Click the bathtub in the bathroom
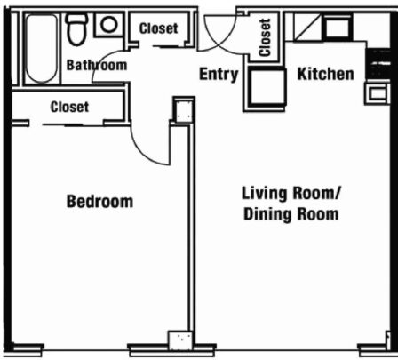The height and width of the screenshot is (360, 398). click(x=41, y=49)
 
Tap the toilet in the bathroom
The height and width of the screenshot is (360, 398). click(x=77, y=29)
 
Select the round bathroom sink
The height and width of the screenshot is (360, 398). click(x=108, y=25)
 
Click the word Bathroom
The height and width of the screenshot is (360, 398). click(x=97, y=65)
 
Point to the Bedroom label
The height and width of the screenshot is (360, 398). click(x=99, y=202)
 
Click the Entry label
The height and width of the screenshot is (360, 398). click(x=219, y=74)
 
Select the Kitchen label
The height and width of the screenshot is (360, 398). click(x=325, y=74)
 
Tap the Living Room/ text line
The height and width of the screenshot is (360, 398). click(x=291, y=193)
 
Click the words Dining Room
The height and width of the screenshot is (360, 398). click(x=291, y=214)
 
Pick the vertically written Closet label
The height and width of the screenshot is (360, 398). click(x=265, y=37)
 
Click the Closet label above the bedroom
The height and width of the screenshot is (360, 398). click(x=69, y=107)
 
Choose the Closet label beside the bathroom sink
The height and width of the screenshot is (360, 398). click(x=158, y=28)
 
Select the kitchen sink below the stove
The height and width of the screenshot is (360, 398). click(x=376, y=93)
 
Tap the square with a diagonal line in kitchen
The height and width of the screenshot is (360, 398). click(x=307, y=27)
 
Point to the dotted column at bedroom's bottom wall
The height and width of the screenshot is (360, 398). click(x=180, y=338)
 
